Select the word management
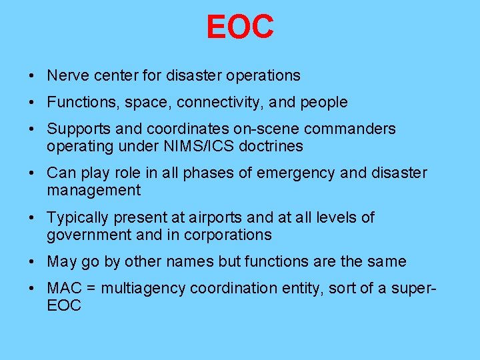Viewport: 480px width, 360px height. pos(93,191)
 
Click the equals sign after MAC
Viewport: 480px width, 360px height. pos(89,289)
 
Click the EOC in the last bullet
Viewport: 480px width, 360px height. pos(64,306)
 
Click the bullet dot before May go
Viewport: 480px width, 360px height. pos(33,262)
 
